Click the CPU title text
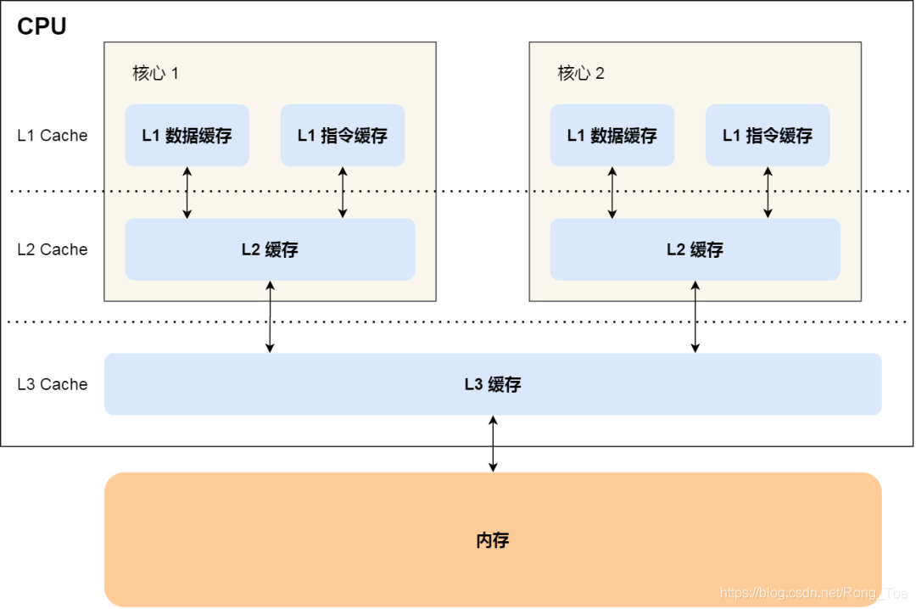point(42,26)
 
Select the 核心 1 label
point(155,73)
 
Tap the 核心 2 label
point(581,73)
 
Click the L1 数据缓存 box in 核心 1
point(187,136)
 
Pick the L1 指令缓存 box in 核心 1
point(343,136)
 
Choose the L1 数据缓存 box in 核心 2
point(612,136)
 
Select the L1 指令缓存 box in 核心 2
point(768,136)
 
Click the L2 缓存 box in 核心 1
point(270,249)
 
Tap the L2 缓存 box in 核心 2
point(695,249)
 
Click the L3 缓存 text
point(493,384)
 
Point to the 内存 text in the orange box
point(493,540)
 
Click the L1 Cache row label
point(53,136)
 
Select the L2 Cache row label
point(53,249)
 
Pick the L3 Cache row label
point(53,384)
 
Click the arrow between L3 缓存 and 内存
point(493,444)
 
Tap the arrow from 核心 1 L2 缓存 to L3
point(270,316)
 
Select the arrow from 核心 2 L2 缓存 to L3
point(695,316)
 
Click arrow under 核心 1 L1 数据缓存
point(187,193)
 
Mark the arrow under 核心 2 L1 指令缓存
point(768,193)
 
